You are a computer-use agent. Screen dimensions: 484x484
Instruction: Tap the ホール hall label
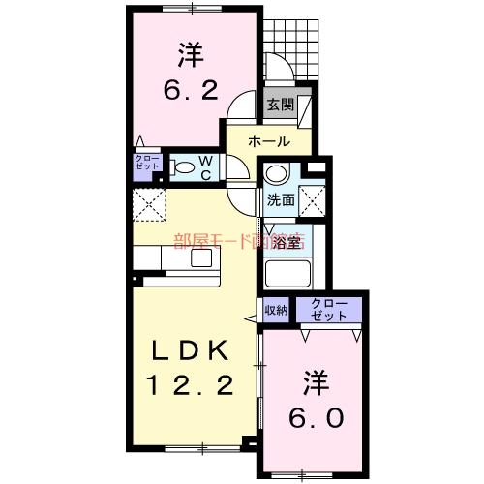pos(268,141)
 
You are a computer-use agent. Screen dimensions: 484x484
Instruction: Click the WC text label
pos(206,167)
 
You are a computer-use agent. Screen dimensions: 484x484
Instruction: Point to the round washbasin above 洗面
pos(277,175)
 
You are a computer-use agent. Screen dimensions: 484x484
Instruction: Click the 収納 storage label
pos(276,311)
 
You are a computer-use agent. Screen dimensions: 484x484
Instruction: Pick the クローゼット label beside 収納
pos(328,310)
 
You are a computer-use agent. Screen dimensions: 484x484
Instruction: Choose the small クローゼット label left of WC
pos(147,163)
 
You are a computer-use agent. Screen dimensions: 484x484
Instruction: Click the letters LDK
pos(189,349)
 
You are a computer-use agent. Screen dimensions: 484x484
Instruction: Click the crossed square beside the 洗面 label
pos(311,201)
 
